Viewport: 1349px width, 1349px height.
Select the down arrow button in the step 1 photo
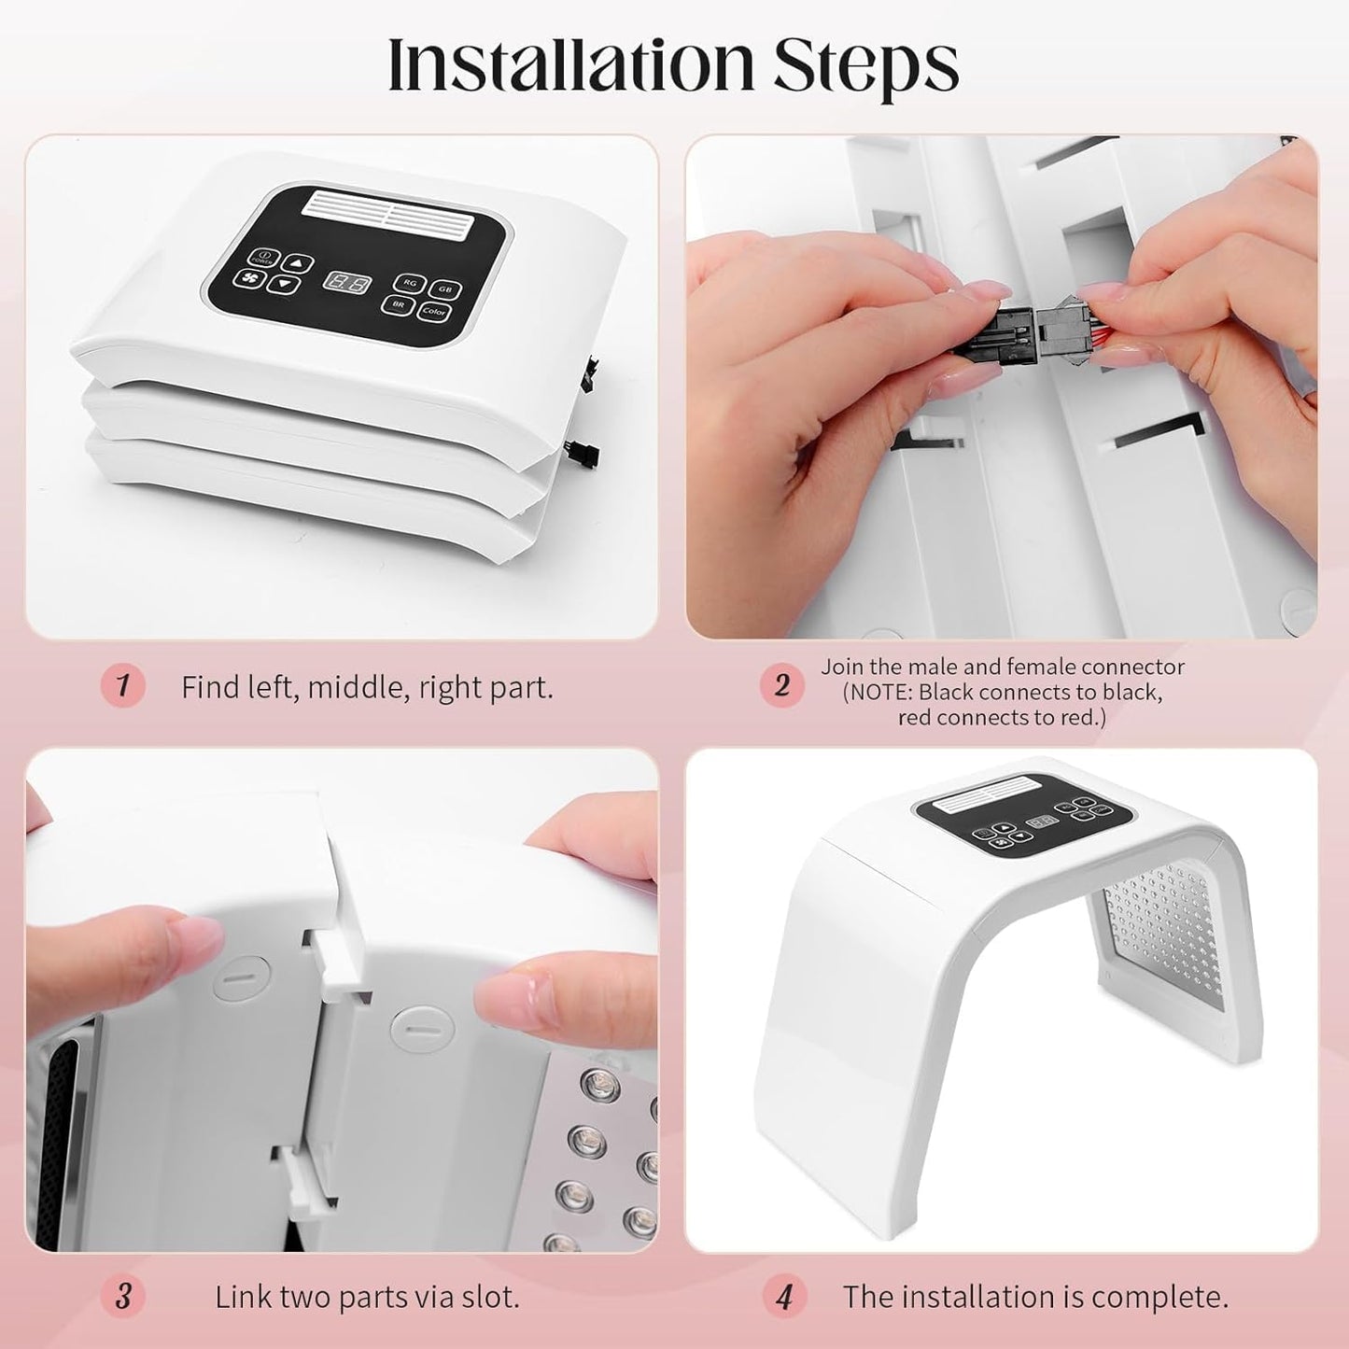284,284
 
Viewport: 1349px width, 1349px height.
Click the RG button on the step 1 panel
410,284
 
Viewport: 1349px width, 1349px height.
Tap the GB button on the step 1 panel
445,289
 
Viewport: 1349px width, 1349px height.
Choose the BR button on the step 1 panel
398,304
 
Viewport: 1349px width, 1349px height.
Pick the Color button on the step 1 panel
433,312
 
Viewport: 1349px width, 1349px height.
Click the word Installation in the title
569,63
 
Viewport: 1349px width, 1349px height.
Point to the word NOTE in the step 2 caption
880,693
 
